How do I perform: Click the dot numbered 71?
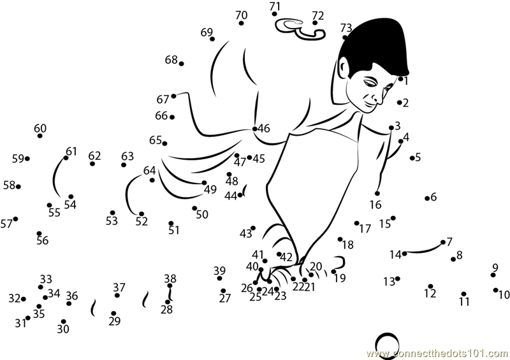pos(275,13)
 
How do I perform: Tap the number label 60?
pos(40,128)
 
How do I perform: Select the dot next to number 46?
pos(254,129)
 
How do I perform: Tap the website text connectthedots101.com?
pos(438,354)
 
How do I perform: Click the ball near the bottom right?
pos(387,345)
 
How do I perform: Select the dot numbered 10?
pos(496,290)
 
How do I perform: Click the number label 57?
pos(6,224)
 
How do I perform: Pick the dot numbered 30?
pos(63,322)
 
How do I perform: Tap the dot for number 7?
pos(443,242)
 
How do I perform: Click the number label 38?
pos(170,278)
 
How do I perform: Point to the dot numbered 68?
pos(182,64)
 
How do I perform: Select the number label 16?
pos(375,205)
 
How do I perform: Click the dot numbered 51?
pos(171,223)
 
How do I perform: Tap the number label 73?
pos(346,28)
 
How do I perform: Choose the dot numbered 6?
pos(427,198)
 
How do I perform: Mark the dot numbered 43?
pos(253,228)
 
